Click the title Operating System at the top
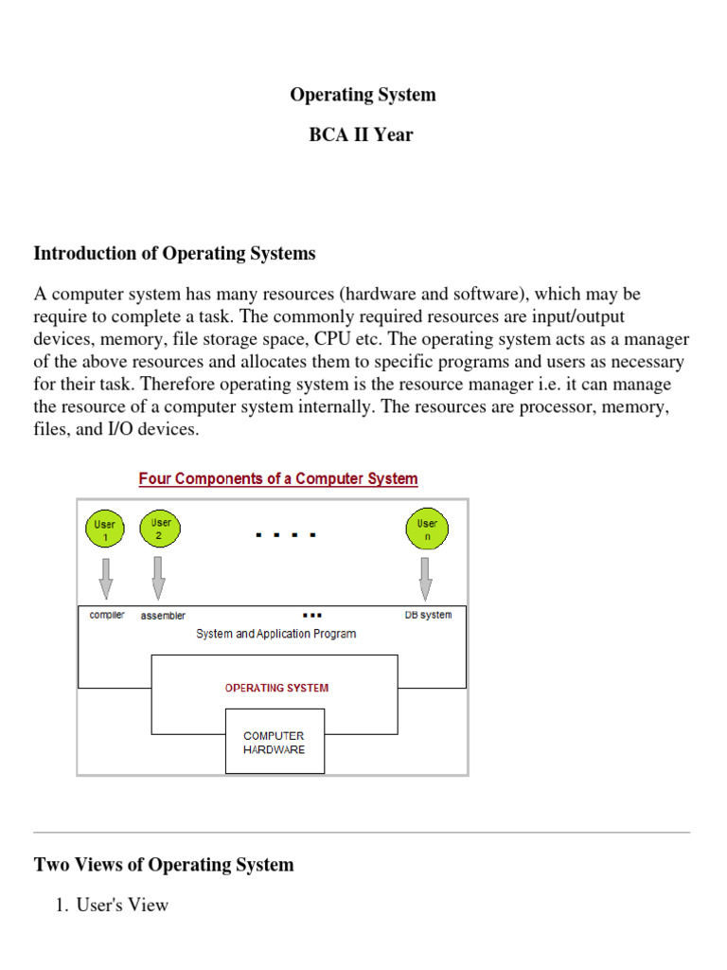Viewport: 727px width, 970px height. tap(363, 95)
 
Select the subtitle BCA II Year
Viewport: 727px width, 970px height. tap(362, 135)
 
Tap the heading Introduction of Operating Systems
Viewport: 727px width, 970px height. tap(175, 253)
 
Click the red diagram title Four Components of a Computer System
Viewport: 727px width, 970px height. tap(278, 478)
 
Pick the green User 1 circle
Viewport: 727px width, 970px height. tap(106, 530)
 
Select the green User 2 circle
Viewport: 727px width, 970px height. tap(161, 529)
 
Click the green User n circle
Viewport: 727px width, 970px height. tap(427, 530)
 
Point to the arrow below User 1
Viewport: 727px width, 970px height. tap(106, 576)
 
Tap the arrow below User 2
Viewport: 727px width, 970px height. tap(159, 576)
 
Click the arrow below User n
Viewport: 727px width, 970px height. tap(427, 576)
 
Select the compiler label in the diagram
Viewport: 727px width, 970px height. tap(107, 615)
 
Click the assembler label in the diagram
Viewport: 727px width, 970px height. tap(163, 616)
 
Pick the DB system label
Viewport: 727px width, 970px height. tap(428, 615)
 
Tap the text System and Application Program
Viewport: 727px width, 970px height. tap(276, 634)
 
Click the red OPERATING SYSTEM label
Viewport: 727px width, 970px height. tap(277, 688)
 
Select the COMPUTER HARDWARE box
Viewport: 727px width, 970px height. tap(275, 742)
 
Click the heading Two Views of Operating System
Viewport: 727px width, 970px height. tap(164, 864)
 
